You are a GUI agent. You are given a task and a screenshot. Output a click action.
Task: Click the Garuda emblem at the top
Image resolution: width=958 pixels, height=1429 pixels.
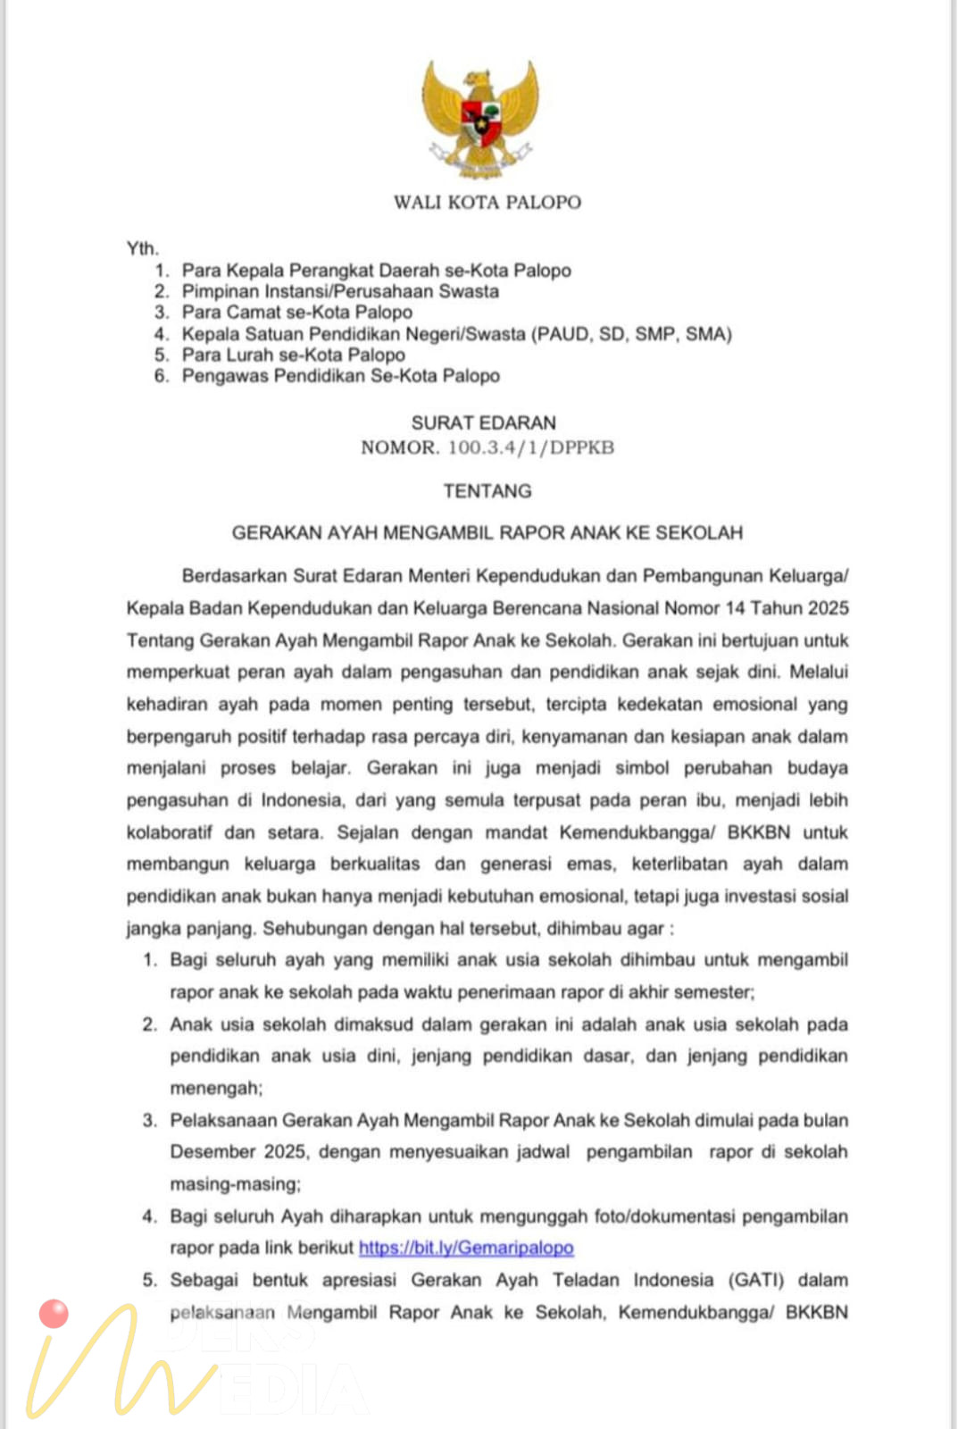click(x=481, y=116)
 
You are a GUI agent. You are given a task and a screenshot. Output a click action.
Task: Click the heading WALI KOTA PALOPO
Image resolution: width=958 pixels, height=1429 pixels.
click(x=487, y=203)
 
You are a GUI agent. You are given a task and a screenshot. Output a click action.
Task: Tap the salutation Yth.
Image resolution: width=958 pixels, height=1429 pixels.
click(x=142, y=248)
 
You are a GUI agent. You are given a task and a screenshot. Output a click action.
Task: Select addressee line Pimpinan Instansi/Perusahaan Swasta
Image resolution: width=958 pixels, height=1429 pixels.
click(x=340, y=291)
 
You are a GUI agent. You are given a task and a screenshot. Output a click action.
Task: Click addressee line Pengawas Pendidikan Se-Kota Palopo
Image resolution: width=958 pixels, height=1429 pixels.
click(x=340, y=376)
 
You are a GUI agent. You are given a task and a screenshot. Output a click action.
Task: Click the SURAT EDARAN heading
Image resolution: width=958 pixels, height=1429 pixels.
click(x=483, y=422)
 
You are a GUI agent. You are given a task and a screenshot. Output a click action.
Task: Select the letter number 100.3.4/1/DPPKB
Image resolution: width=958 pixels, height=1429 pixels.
click(x=531, y=447)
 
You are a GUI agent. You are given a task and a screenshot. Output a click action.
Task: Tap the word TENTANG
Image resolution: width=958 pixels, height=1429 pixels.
click(x=487, y=490)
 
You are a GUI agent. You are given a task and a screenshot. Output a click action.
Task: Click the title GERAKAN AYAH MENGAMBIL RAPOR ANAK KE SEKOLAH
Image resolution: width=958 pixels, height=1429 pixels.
click(x=487, y=533)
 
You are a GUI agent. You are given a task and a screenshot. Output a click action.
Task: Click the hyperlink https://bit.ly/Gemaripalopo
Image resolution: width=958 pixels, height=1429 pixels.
click(x=466, y=1248)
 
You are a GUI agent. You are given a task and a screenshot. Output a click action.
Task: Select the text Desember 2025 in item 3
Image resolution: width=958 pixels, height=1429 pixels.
click(x=238, y=1152)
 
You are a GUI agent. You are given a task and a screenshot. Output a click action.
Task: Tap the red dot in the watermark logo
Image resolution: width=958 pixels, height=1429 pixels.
click(x=54, y=1314)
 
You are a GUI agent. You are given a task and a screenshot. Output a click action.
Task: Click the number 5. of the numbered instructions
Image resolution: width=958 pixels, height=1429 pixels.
click(x=149, y=1280)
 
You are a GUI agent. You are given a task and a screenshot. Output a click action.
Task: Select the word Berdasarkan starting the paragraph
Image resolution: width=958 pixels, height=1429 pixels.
click(x=233, y=576)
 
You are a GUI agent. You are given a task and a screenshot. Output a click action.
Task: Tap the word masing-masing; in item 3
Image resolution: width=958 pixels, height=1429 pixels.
click(x=236, y=1184)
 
